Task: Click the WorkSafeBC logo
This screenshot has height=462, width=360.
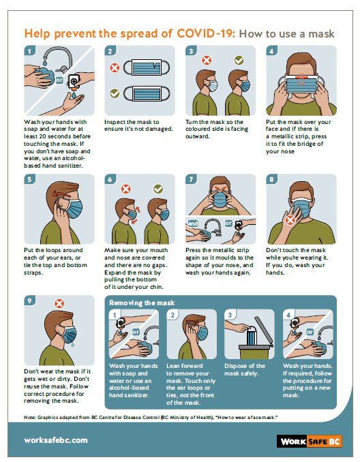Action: (310, 441)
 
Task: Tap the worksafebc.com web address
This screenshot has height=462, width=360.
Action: (56, 440)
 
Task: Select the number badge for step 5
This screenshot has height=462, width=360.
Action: (29, 179)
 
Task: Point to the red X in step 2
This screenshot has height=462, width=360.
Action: (115, 67)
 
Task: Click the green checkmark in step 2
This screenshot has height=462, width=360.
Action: (115, 93)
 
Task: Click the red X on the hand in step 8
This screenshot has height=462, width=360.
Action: (290, 220)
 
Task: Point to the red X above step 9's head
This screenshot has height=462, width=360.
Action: (59, 303)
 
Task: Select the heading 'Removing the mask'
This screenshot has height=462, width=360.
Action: (142, 303)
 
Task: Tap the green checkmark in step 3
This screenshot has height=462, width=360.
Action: (239, 61)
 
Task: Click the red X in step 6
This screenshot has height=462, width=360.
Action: (126, 189)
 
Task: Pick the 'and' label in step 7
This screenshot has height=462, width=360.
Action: (193, 224)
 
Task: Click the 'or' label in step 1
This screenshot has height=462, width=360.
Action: (59, 80)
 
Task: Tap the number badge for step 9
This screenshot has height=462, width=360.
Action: (29, 301)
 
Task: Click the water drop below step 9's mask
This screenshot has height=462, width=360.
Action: (72, 344)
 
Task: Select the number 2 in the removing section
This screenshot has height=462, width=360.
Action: (172, 315)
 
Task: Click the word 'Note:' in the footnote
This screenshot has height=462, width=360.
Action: (30, 417)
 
